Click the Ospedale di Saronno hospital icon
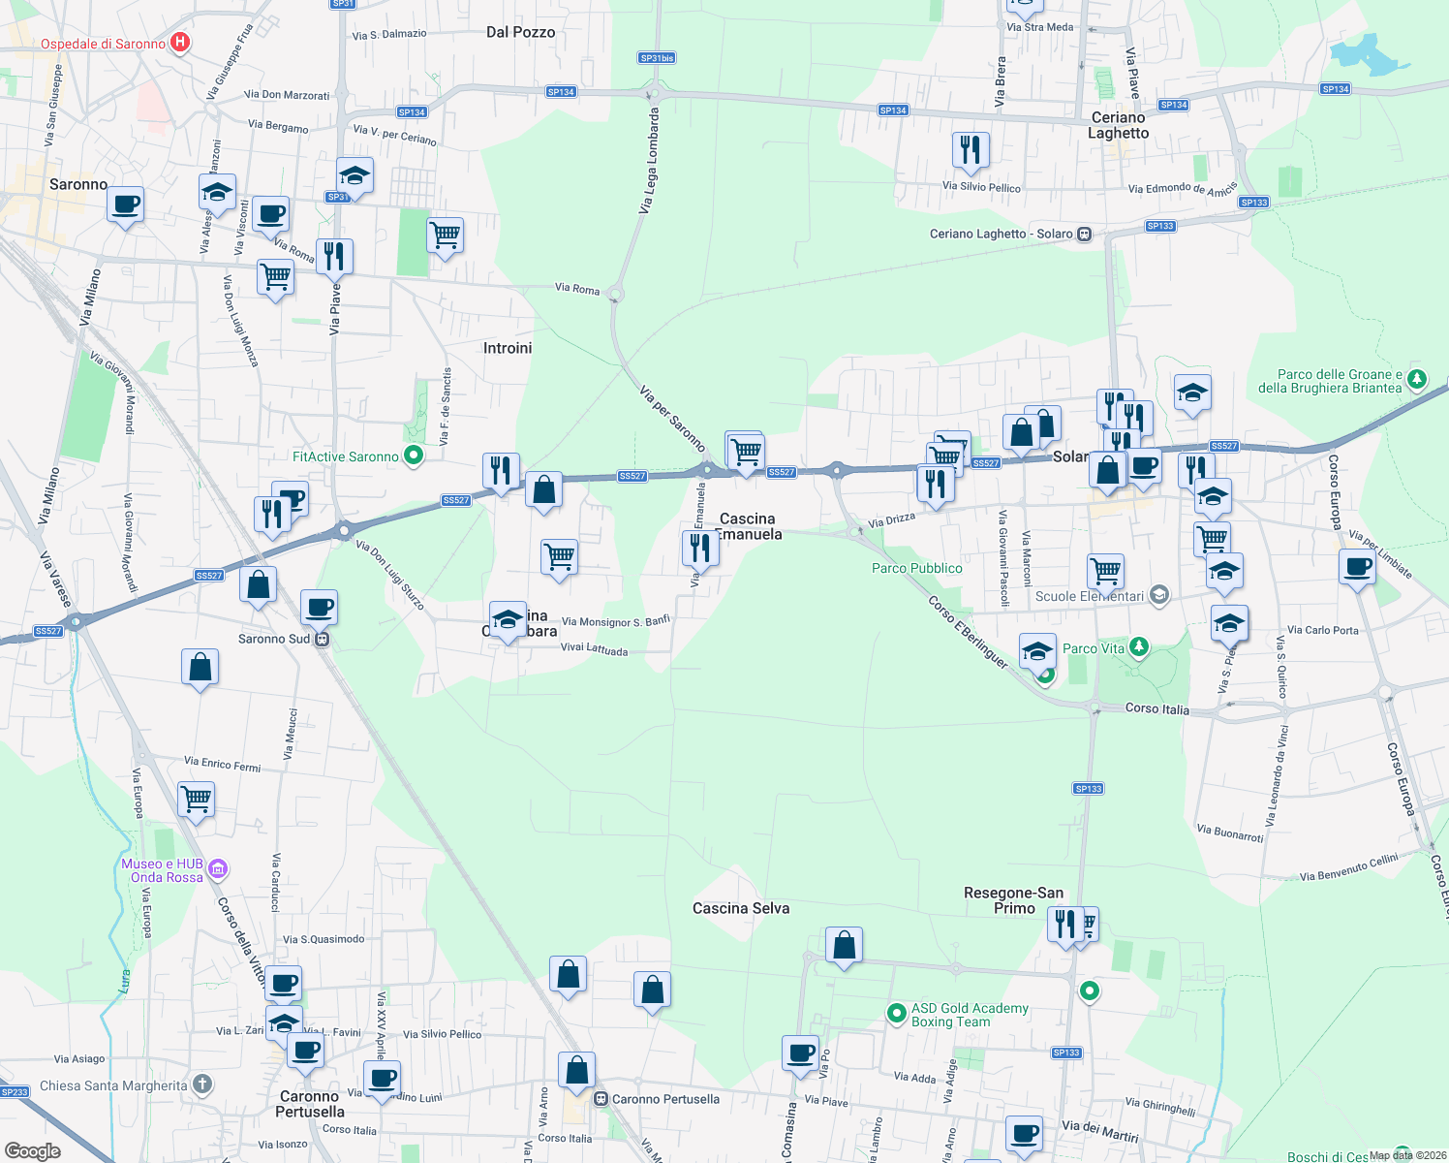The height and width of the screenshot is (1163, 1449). click(x=179, y=43)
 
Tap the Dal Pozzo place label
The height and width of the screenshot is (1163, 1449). click(x=520, y=32)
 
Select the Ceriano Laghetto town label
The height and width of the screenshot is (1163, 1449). click(x=1118, y=125)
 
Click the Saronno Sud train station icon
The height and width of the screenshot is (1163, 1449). click(x=324, y=640)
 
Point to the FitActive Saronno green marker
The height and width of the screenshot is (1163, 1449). click(x=414, y=455)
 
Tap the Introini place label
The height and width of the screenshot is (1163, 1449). click(x=508, y=348)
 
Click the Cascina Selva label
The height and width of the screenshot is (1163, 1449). click(x=741, y=908)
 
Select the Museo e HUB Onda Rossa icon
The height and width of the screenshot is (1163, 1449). click(x=218, y=869)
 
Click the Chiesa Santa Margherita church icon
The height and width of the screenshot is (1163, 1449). click(x=201, y=1084)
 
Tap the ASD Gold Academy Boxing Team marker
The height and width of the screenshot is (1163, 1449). click(x=897, y=1014)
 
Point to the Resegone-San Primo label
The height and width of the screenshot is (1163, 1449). click(x=1014, y=900)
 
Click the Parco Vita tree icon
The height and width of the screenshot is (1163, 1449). click(x=1139, y=646)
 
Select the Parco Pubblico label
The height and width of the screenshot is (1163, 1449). click(x=916, y=568)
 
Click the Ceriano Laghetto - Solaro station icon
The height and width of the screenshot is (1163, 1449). click(x=1085, y=234)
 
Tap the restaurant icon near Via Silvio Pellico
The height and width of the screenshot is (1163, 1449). click(x=970, y=149)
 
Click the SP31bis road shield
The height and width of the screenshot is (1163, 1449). click(x=657, y=58)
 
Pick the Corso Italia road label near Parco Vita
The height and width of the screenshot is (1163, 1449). click(x=1156, y=708)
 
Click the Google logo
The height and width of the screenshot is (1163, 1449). click(x=33, y=1150)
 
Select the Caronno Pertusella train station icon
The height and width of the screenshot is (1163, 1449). click(x=601, y=1099)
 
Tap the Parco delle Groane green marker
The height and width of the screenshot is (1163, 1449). click(x=1417, y=378)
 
